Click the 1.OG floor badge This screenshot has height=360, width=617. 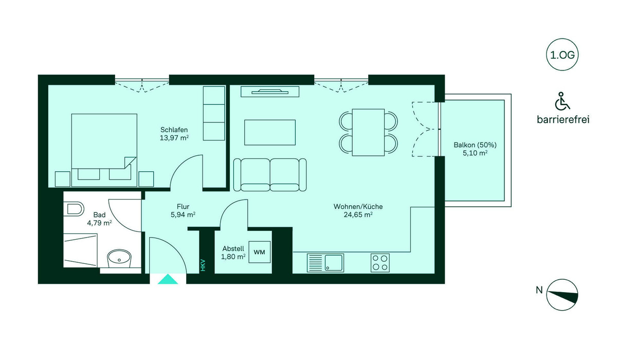click(x=562, y=55)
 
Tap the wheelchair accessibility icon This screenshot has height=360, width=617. click(x=562, y=101)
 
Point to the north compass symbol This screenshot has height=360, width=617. click(x=562, y=295)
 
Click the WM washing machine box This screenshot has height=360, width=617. click(x=260, y=252)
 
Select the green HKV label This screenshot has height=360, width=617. click(x=203, y=265)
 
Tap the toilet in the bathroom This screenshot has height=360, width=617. click(x=74, y=208)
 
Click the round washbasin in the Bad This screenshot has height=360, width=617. click(x=119, y=258)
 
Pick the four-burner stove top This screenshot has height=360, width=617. click(x=380, y=263)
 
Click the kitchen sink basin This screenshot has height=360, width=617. click(x=334, y=263)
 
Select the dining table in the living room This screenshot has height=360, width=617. click(x=368, y=133)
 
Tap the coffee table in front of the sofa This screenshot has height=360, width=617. click(x=270, y=133)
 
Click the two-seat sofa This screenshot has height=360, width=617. click(x=270, y=175)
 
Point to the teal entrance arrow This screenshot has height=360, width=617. click(x=168, y=279)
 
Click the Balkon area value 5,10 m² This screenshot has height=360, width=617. click(x=475, y=153)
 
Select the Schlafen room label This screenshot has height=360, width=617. click(x=174, y=130)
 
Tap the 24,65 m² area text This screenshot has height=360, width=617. click(x=358, y=214)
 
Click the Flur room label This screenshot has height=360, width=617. click(x=183, y=207)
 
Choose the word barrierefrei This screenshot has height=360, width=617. click(x=563, y=119)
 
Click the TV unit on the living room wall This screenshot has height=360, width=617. click(x=270, y=92)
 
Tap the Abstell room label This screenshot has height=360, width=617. click(x=233, y=248)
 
